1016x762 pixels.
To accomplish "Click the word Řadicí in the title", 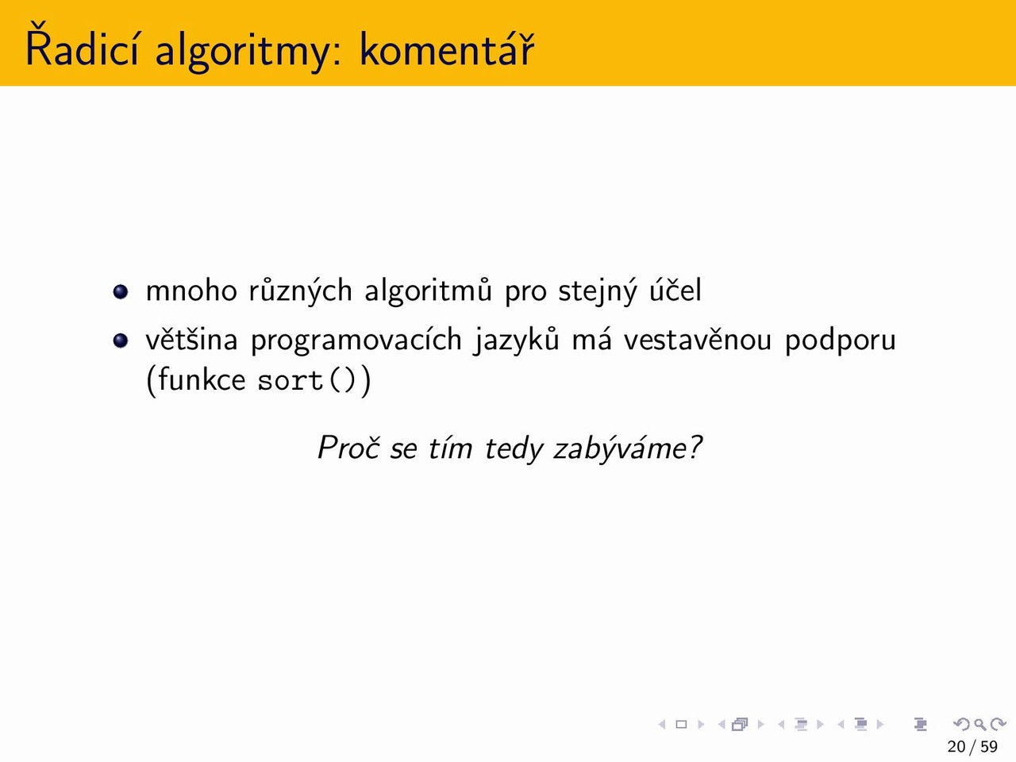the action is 82,46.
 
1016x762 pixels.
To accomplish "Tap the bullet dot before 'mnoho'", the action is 121,291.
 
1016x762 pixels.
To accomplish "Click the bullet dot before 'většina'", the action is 121,341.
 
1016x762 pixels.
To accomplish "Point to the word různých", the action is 300,291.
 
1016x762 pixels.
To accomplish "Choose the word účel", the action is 675,290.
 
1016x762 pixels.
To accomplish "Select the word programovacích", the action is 356,341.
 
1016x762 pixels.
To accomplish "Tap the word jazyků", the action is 516,341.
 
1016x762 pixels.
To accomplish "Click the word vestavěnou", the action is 697,339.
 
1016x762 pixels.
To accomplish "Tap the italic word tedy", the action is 513,448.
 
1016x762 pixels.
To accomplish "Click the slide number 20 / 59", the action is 972,746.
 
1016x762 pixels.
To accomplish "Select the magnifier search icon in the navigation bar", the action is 980,724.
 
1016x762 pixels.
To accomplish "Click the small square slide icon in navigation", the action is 681,724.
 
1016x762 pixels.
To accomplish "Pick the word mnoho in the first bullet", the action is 191,290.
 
